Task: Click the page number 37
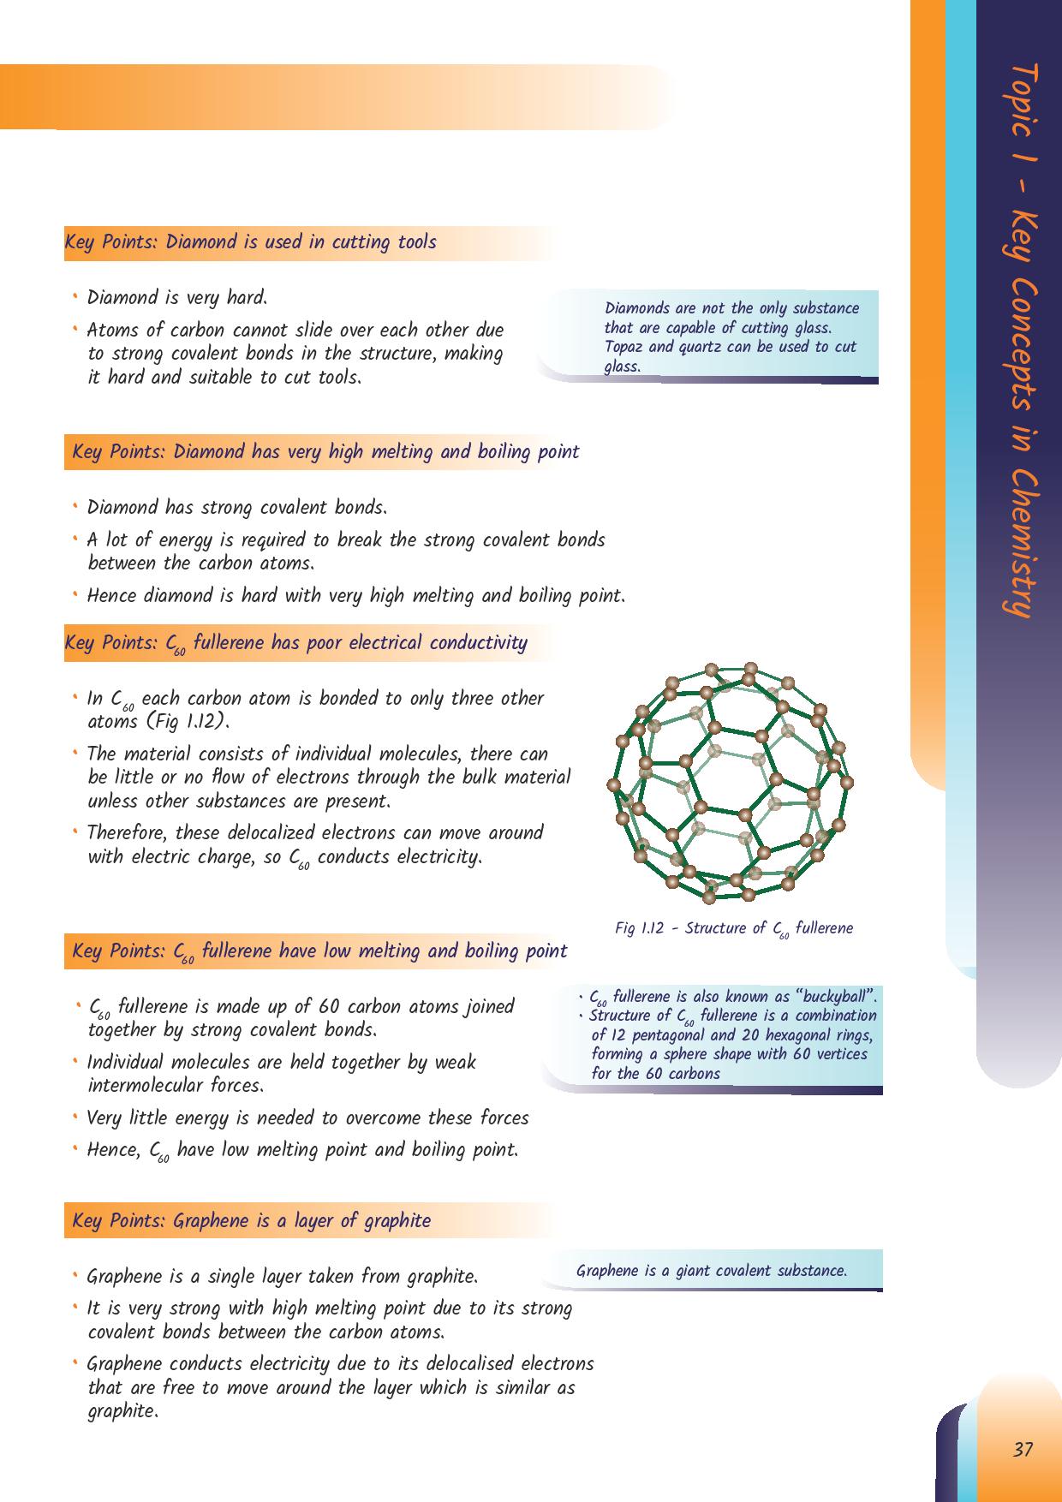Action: coord(1023,1450)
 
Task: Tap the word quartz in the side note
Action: coord(711,347)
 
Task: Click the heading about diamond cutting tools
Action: coord(250,242)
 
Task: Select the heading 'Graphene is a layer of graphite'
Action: coord(251,1220)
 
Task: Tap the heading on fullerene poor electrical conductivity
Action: coord(295,643)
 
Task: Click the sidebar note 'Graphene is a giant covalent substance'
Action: coord(711,1271)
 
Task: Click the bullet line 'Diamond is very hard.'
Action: coord(177,298)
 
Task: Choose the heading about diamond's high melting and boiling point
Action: coord(325,452)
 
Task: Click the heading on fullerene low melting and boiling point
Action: coord(319,951)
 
